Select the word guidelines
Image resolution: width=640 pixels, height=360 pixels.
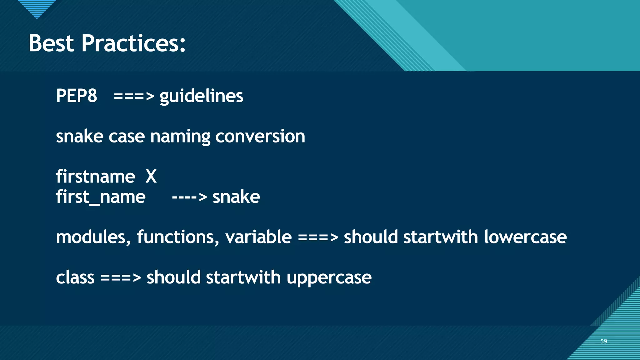tap(201, 96)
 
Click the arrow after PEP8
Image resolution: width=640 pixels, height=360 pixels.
tap(134, 96)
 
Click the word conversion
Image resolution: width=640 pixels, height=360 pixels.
tap(260, 137)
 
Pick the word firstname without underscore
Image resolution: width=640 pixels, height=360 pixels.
tap(95, 177)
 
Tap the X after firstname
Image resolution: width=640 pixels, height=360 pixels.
tap(151, 177)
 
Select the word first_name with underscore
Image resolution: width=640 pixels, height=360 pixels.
tap(101, 197)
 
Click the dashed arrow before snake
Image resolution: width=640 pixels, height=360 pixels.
tap(189, 197)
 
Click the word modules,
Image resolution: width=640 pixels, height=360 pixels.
tap(93, 237)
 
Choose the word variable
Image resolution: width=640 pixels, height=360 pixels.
tap(258, 237)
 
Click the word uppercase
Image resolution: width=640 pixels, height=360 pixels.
tap(329, 278)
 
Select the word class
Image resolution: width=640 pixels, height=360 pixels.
tap(75, 277)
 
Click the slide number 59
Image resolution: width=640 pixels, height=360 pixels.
tap(603, 341)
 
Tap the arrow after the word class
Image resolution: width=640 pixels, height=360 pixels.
tap(121, 278)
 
